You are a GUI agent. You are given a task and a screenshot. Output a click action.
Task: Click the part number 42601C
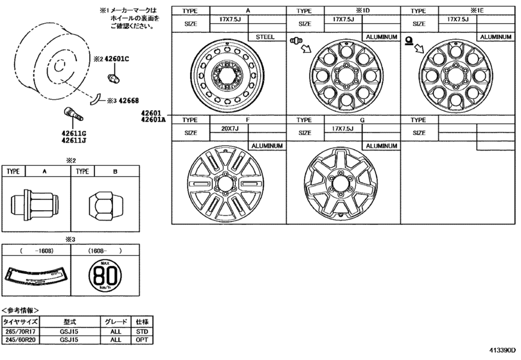(x=117, y=59)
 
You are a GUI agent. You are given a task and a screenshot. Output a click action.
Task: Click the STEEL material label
(x=265, y=37)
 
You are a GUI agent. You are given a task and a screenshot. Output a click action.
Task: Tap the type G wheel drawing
(x=338, y=185)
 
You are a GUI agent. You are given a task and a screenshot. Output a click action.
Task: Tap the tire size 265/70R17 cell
(x=21, y=330)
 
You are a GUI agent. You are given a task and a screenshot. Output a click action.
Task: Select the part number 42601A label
(x=155, y=120)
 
